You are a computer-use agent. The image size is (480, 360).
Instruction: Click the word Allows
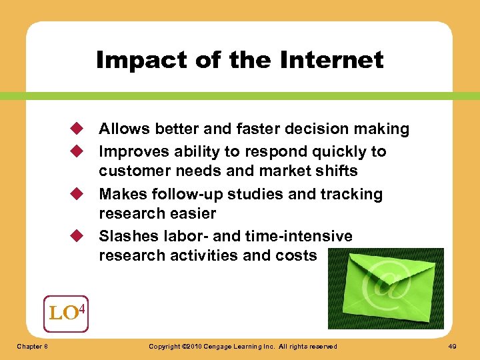click(121, 129)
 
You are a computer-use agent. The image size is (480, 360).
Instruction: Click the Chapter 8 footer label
click(31, 347)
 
